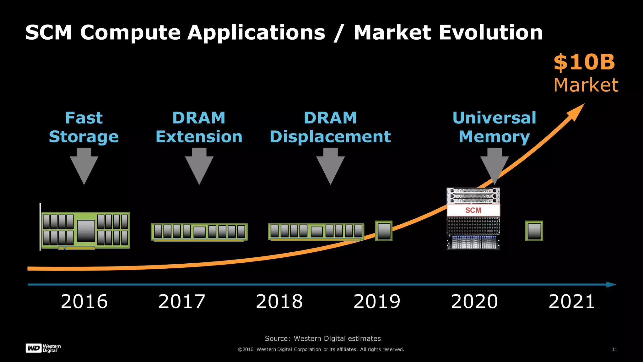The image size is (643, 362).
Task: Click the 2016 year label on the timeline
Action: pyautogui.click(x=84, y=302)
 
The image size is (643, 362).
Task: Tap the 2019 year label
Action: pyautogui.click(x=377, y=302)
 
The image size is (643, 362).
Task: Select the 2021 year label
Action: pyautogui.click(x=571, y=302)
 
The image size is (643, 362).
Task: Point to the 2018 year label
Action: pyautogui.click(x=279, y=302)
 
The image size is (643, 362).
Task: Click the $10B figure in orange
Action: pyautogui.click(x=584, y=62)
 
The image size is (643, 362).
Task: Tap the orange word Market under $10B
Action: pyautogui.click(x=586, y=85)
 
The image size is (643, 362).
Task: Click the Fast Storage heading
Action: pyautogui.click(x=84, y=127)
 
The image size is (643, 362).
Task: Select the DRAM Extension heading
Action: pyautogui.click(x=199, y=127)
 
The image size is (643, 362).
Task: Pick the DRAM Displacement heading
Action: pyautogui.click(x=330, y=127)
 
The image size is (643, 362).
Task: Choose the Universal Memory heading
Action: pyautogui.click(x=494, y=127)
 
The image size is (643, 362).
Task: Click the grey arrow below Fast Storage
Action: pyautogui.click(x=84, y=167)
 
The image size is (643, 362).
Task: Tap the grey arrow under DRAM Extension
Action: pyautogui.click(x=199, y=167)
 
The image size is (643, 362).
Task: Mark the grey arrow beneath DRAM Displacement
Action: pyautogui.click(x=330, y=167)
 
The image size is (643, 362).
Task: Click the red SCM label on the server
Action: pyautogui.click(x=473, y=210)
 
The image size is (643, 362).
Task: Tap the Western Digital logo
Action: pyautogui.click(x=43, y=348)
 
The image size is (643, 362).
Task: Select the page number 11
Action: pyautogui.click(x=614, y=349)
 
